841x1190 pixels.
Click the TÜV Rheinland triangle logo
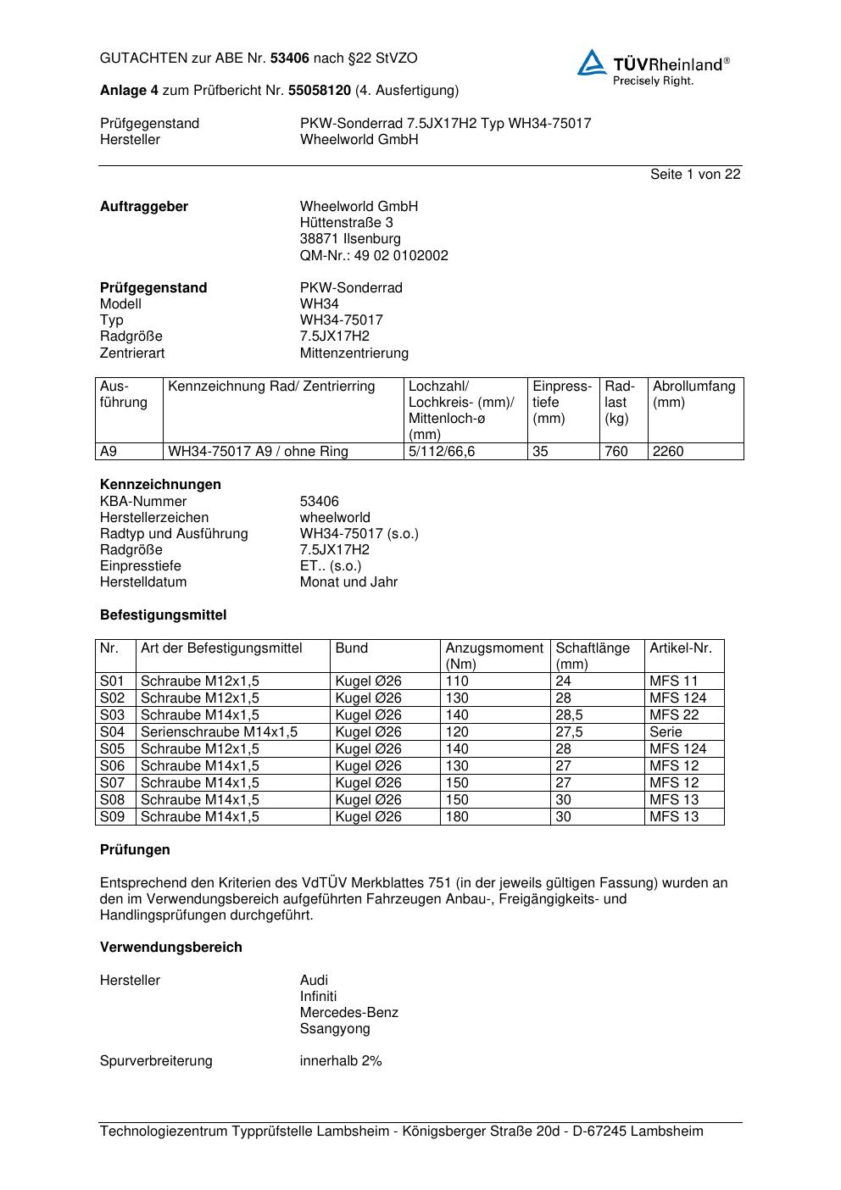point(592,64)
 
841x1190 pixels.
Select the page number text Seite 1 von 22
point(695,175)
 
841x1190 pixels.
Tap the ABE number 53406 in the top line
point(290,58)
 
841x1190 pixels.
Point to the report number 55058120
point(320,90)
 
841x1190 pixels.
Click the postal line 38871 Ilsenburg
point(350,239)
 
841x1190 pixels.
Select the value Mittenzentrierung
point(354,353)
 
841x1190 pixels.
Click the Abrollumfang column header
point(693,387)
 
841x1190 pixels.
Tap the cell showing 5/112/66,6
point(442,452)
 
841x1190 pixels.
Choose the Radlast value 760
point(615,452)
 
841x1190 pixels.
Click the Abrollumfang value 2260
point(667,452)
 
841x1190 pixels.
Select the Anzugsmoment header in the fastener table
point(494,648)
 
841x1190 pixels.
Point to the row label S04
point(112,731)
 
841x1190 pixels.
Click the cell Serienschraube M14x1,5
point(219,731)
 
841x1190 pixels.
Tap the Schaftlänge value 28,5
point(569,715)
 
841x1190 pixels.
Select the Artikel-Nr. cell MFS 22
point(674,715)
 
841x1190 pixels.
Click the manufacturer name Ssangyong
point(335,1029)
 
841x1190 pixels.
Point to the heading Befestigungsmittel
point(163,615)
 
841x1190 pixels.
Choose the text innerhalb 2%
point(341,1061)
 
